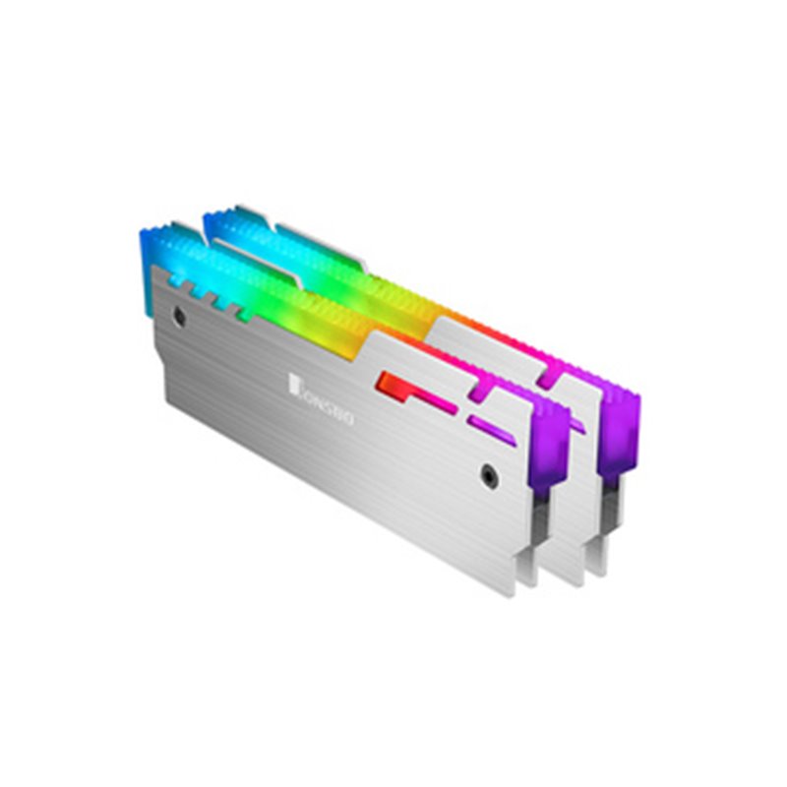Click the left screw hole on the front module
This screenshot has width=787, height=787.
[178, 317]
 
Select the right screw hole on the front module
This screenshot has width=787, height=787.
[488, 473]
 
